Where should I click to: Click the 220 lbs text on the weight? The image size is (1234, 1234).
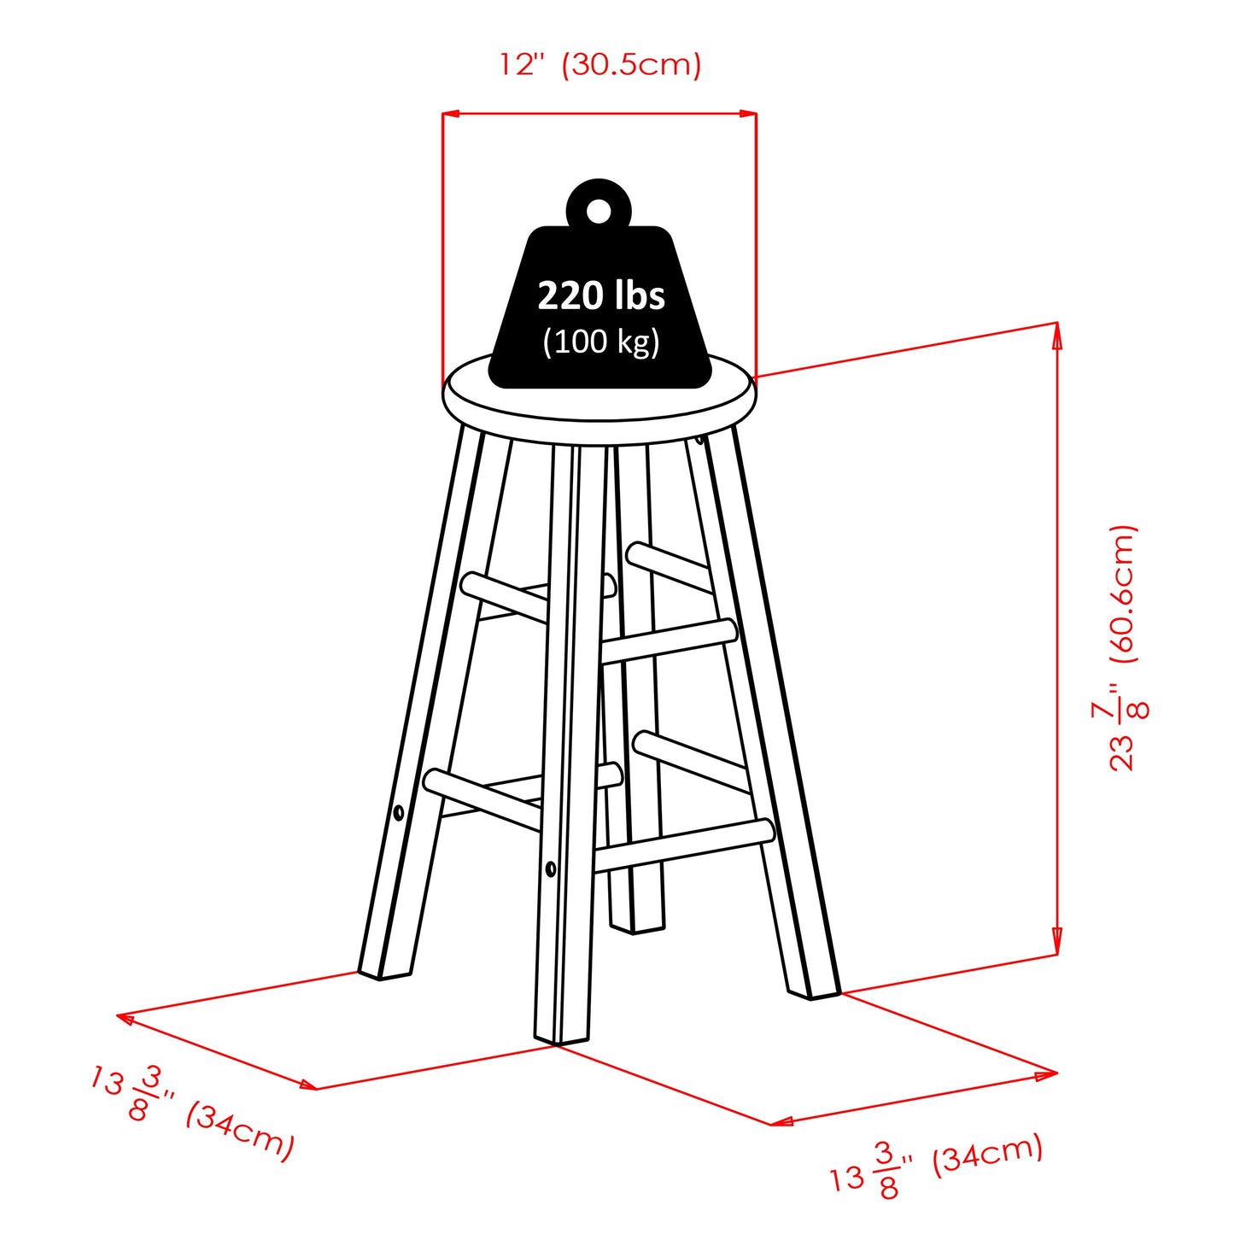[x=600, y=295]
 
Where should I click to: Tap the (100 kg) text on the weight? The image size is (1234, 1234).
[x=600, y=342]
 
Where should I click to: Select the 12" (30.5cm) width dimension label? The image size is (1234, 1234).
[x=600, y=65]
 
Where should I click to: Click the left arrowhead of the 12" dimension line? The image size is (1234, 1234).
[x=451, y=114]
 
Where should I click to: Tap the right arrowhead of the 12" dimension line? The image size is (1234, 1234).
[x=748, y=114]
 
